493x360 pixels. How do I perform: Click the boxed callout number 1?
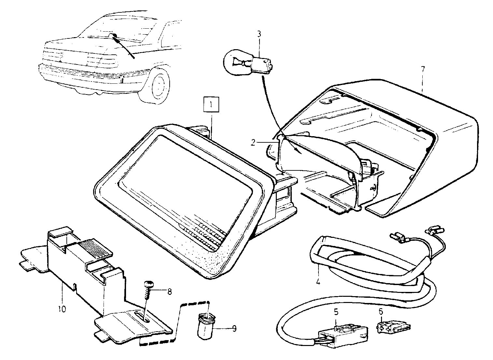pos(211,104)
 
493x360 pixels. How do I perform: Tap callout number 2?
pos(253,142)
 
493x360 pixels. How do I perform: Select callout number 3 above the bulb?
pos(259,34)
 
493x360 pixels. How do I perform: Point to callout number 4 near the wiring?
pos(318,281)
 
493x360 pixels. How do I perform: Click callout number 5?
pos(336,312)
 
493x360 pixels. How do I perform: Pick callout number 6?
pos(381,311)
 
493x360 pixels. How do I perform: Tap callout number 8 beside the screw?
pos(169,292)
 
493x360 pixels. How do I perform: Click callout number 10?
pos(62,309)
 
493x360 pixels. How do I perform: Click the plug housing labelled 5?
pos(343,334)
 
